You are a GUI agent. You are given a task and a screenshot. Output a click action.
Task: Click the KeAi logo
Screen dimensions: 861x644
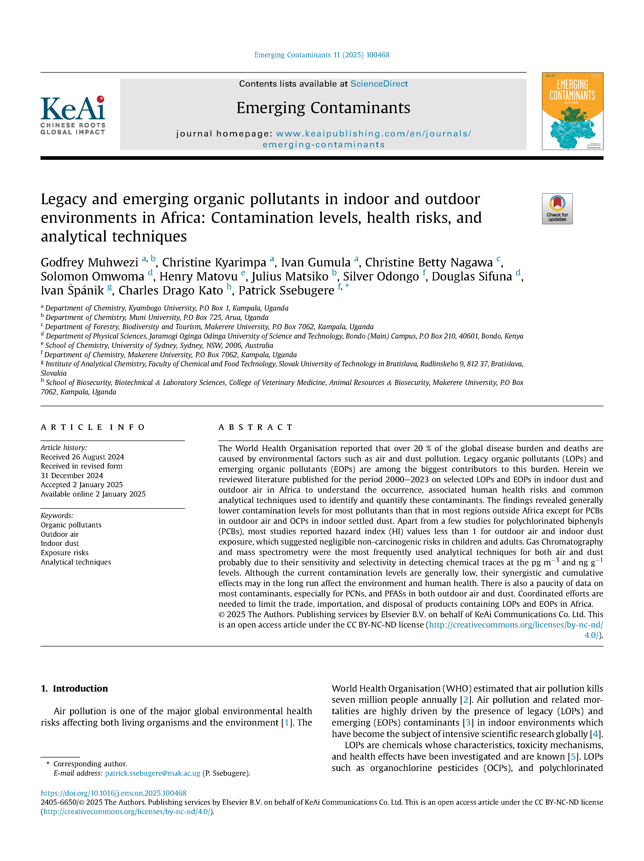[x=73, y=115]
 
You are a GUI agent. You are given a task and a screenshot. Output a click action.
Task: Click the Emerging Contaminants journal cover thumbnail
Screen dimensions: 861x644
[x=572, y=111]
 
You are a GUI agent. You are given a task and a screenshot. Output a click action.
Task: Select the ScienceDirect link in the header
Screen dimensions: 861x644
[x=379, y=84]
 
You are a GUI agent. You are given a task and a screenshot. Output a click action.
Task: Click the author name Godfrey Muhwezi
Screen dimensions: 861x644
[x=90, y=262]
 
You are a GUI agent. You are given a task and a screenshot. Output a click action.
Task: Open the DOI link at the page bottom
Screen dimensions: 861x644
[x=114, y=793]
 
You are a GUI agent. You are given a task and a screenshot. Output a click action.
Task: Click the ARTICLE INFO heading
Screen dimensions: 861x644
[x=93, y=427]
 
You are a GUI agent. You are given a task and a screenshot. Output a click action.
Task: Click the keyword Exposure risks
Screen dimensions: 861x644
[x=65, y=553]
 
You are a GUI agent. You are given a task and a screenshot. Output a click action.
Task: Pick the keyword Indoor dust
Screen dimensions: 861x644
[x=60, y=543]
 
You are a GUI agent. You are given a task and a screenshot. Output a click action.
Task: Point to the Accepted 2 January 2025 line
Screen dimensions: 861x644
[x=82, y=485]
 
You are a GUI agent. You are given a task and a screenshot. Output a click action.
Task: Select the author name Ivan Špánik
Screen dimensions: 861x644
[x=72, y=290]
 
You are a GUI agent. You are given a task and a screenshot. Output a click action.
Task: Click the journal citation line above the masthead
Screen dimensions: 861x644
[x=322, y=55]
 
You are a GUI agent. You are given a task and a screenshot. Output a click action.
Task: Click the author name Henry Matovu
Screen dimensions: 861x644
[x=198, y=276]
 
